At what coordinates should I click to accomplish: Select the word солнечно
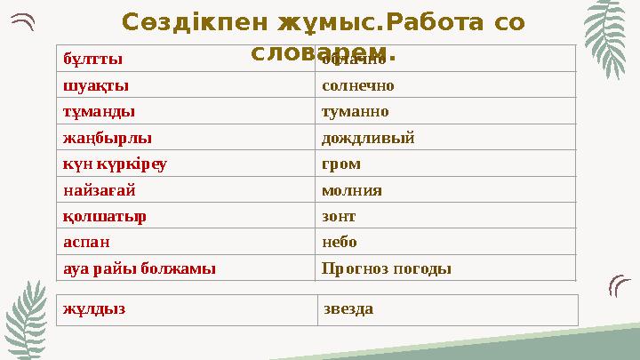coord(357,86)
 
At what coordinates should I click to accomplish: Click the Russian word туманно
coord(355,112)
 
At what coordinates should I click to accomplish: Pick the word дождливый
coord(367,139)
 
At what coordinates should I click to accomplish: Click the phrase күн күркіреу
coord(115,164)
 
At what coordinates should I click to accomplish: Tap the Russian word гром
coord(341,164)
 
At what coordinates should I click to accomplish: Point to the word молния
coord(351,190)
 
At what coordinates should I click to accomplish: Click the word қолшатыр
coord(105,216)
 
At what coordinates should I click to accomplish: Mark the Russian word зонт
coord(338,216)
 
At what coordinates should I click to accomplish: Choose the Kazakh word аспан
coord(88,242)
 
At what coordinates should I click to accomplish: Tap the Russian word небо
coord(339,242)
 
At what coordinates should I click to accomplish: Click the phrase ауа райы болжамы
coord(139,268)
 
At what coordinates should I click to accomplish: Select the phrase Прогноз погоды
coord(386,268)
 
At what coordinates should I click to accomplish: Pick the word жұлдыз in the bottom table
coord(94,309)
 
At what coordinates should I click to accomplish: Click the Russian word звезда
coord(348,309)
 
